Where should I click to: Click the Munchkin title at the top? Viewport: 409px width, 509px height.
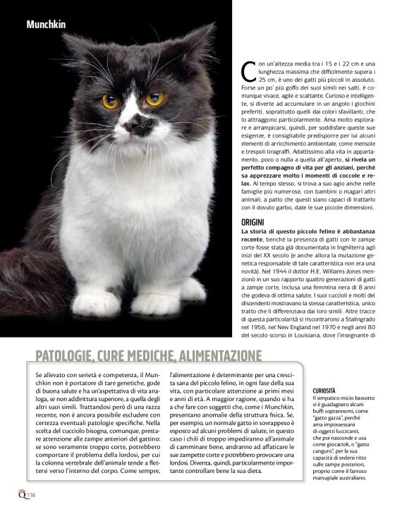click(x=46, y=25)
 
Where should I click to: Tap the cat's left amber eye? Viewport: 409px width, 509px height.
click(x=110, y=102)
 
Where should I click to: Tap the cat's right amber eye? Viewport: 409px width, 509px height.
click(x=154, y=99)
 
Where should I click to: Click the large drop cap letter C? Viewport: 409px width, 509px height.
click(x=248, y=70)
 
